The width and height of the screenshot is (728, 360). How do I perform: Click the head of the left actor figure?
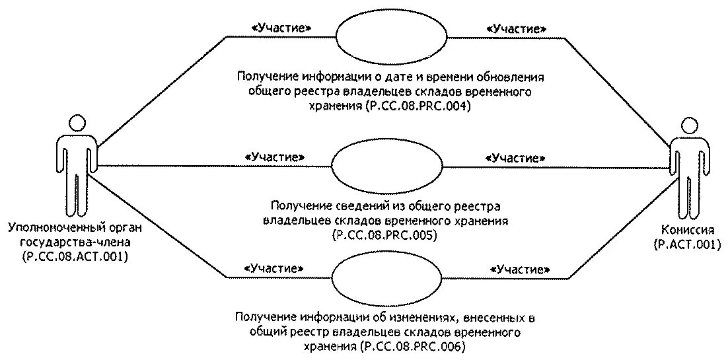pyautogui.click(x=78, y=123)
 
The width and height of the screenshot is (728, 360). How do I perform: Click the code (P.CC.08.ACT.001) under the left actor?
pyautogui.click(x=74, y=256)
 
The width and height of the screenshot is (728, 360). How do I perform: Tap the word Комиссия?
pyautogui.click(x=688, y=230)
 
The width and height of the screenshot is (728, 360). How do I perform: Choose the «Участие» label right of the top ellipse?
pyautogui.click(x=516, y=28)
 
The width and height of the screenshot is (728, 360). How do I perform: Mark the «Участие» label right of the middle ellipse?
pyautogui.click(x=515, y=158)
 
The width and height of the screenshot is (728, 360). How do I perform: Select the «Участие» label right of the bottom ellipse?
pyautogui.click(x=521, y=270)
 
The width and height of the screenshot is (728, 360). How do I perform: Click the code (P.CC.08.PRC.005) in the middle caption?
pyautogui.click(x=385, y=234)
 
